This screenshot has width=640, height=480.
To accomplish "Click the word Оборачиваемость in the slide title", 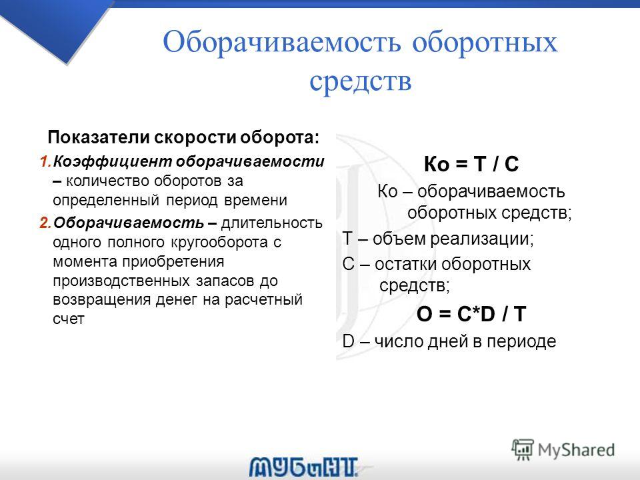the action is pyautogui.click(x=281, y=43).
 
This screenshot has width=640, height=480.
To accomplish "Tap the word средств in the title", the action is pyautogui.click(x=361, y=81).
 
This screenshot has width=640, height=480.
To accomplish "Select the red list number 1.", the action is pyautogui.click(x=45, y=161).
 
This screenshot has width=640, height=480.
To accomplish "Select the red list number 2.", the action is pyautogui.click(x=45, y=223).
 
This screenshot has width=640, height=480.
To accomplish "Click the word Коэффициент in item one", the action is pyautogui.click(x=113, y=162).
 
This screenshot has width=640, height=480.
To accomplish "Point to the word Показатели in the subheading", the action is pyautogui.click(x=99, y=137).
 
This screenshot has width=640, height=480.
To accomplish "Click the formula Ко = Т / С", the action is pyautogui.click(x=471, y=164).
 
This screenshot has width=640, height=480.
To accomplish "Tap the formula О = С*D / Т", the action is pyautogui.click(x=471, y=314).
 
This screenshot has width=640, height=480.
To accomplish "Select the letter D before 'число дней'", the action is pyautogui.click(x=348, y=341).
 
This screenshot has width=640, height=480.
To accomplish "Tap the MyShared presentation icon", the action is pyautogui.click(x=523, y=450).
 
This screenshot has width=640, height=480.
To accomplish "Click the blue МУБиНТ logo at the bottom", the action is pyautogui.click(x=304, y=467).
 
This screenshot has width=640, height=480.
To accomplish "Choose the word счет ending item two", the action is pyautogui.click(x=69, y=319).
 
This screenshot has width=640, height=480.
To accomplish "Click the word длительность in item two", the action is pyautogui.click(x=272, y=223).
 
